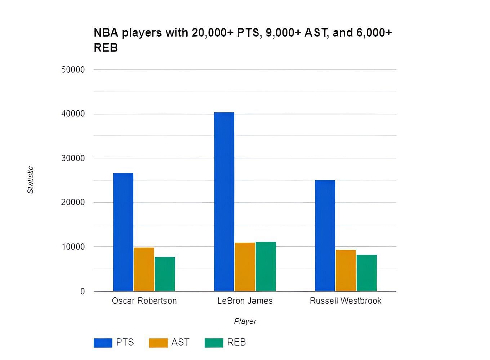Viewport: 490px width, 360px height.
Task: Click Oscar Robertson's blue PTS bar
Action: (123, 232)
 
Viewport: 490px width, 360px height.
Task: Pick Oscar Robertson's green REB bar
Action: (165, 274)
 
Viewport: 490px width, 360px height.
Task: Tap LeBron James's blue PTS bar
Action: (224, 202)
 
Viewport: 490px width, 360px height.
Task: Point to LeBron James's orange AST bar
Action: (245, 267)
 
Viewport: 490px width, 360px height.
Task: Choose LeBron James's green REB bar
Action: (266, 266)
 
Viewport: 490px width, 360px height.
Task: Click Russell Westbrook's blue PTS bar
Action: (325, 235)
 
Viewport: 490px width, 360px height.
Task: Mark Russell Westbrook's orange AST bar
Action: (346, 270)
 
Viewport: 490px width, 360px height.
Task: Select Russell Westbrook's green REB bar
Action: (367, 273)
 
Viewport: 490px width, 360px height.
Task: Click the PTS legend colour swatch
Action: (103, 343)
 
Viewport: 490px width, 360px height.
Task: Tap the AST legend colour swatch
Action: (158, 343)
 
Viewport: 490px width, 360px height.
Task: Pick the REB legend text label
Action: (236, 342)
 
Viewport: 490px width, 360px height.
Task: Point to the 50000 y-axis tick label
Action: (73, 69)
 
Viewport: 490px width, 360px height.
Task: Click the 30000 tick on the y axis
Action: (73, 158)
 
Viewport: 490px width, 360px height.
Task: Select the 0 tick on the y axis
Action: (83, 291)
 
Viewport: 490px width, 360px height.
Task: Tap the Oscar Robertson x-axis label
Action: (144, 301)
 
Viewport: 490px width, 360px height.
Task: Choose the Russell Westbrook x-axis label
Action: (346, 301)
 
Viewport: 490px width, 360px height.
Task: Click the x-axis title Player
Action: (245, 321)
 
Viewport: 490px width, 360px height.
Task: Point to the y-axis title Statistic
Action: (30, 180)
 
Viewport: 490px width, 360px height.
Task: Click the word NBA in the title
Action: (106, 33)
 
